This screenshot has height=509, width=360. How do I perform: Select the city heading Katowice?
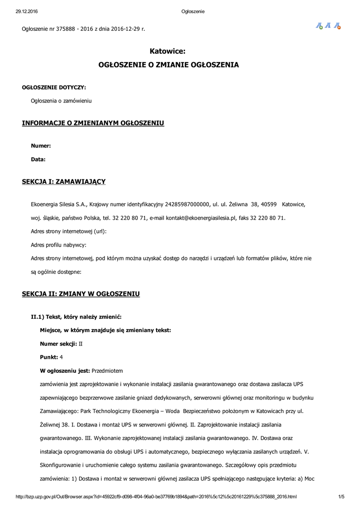[167, 51]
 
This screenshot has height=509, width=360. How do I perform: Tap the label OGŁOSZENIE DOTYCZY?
[54, 87]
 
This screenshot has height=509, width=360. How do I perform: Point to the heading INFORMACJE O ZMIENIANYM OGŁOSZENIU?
[93, 123]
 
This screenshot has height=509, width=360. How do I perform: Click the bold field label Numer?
[41, 146]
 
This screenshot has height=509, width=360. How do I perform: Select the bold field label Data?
[38, 160]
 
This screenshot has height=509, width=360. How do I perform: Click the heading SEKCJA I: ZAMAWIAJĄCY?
[64, 181]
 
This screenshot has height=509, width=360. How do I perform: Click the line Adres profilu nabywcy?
[59, 245]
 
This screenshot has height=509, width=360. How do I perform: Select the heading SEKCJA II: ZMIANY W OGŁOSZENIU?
[81, 294]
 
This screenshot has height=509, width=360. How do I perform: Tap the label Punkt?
[49, 357]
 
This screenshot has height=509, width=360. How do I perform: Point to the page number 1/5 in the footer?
[341, 497]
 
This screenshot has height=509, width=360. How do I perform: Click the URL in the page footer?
[156, 497]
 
